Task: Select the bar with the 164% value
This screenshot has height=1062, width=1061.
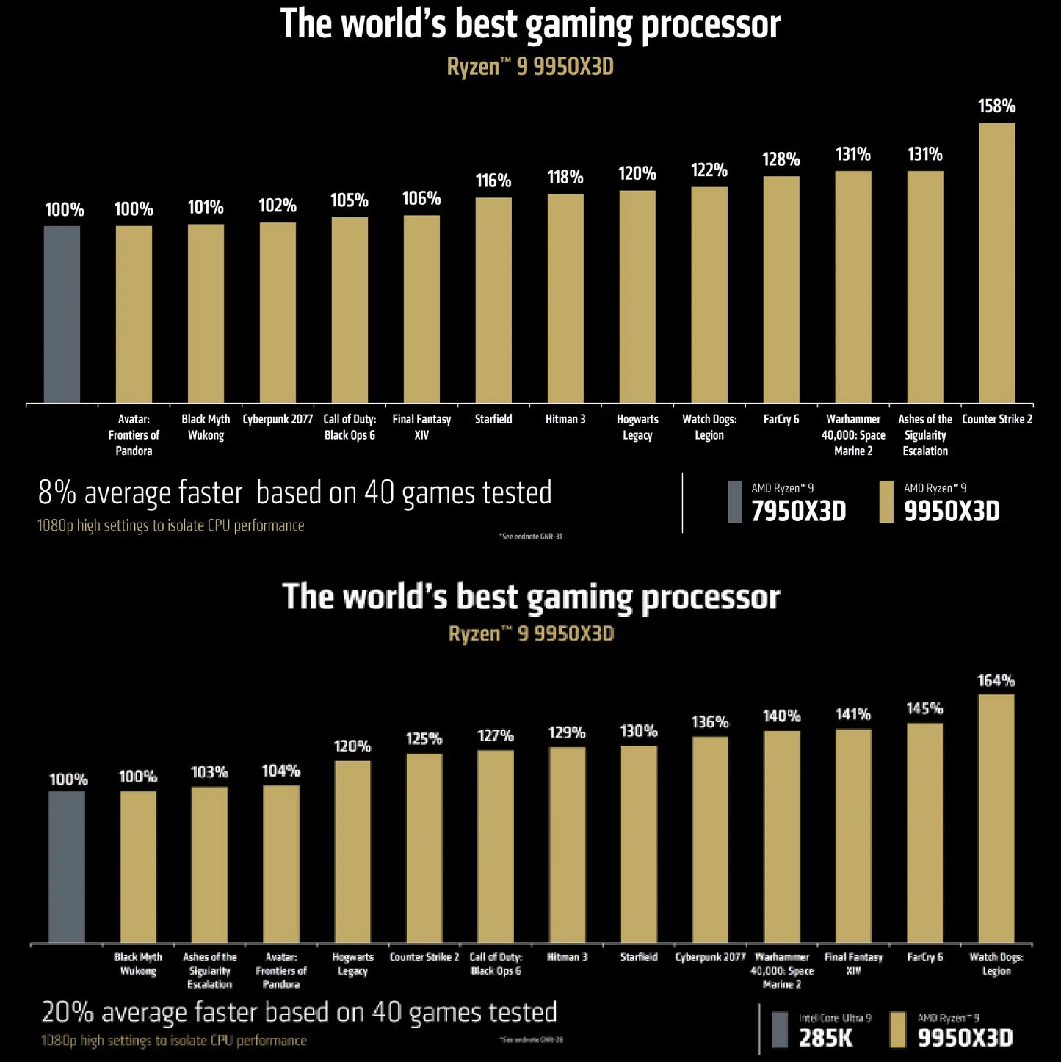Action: pos(996,818)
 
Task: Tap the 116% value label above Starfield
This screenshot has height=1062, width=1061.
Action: pos(493,181)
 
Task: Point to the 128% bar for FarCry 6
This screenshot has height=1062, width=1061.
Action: pos(781,289)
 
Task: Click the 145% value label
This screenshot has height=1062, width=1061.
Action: pos(924,708)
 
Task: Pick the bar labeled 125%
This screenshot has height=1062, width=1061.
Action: pos(424,848)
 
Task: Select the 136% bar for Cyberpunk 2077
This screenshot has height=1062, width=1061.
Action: pos(710,840)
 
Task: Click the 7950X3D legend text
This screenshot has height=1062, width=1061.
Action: pos(799,511)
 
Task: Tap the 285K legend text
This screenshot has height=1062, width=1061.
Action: pos(825,1037)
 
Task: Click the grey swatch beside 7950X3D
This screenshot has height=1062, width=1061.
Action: pos(734,502)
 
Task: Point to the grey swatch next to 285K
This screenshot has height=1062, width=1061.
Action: pos(780,1030)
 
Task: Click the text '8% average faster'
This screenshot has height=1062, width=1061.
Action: pos(140,493)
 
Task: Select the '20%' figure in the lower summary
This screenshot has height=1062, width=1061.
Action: pos(68,1012)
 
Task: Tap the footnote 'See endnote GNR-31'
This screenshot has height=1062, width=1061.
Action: pos(531,537)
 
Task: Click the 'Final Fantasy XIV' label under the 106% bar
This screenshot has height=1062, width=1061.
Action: pos(421,427)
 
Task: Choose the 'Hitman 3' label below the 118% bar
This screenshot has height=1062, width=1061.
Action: pos(565,419)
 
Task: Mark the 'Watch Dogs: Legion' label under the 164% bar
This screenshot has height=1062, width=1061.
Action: pos(996,964)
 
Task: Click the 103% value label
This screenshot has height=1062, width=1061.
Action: pos(209,772)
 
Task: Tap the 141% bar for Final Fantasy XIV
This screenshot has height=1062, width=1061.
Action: pos(853,836)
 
